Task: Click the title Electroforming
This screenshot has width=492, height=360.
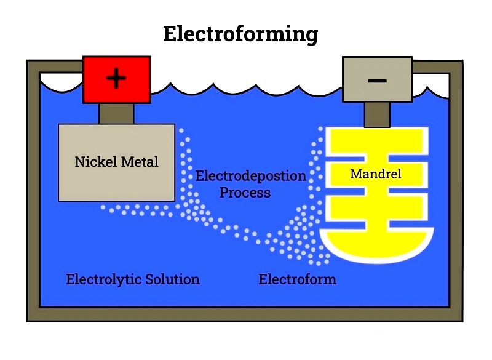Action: [x=240, y=33]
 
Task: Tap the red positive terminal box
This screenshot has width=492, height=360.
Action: [x=117, y=79]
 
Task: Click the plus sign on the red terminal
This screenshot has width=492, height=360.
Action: [x=116, y=79]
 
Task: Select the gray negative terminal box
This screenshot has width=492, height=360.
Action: [x=377, y=79]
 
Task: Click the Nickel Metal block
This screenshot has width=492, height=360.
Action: [x=116, y=178]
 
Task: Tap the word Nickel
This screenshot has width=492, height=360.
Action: [x=94, y=162]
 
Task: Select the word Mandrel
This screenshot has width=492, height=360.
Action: [x=375, y=174]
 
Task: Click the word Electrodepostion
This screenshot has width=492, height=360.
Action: [x=250, y=176]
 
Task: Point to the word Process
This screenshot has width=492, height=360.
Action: [x=245, y=193]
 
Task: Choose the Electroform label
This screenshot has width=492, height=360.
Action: [x=297, y=280]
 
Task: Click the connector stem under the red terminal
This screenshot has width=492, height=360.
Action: [x=117, y=113]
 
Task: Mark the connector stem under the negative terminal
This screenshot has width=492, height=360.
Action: [x=376, y=114]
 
